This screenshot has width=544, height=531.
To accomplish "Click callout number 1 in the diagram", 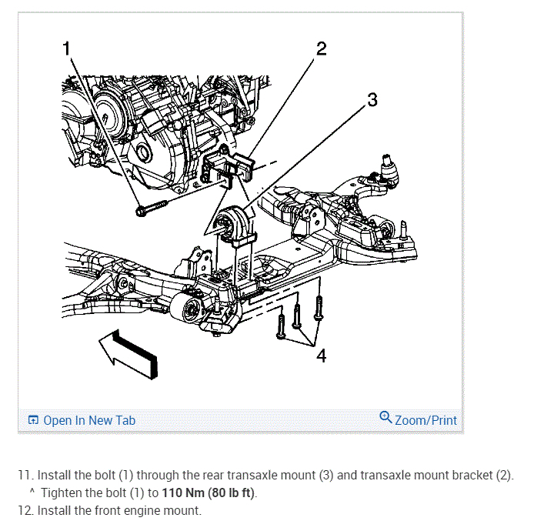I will pos(66,48).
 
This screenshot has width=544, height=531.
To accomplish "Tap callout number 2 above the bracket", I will pos(321,49).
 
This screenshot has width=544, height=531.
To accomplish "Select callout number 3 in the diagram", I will pos(372,99).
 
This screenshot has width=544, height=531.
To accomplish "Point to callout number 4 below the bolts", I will pos(321,356).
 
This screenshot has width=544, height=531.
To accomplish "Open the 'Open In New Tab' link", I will pos(89,420).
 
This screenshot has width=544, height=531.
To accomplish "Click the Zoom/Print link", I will pos(426,420).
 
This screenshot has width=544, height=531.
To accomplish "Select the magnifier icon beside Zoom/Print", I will pos(385,419).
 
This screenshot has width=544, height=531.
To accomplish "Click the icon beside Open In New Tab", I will pos(33,420).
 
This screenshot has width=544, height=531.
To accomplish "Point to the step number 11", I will pos(24,475).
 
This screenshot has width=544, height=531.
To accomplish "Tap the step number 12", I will pos(24,509).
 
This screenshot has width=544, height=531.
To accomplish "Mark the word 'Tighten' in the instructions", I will pos(63,493).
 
